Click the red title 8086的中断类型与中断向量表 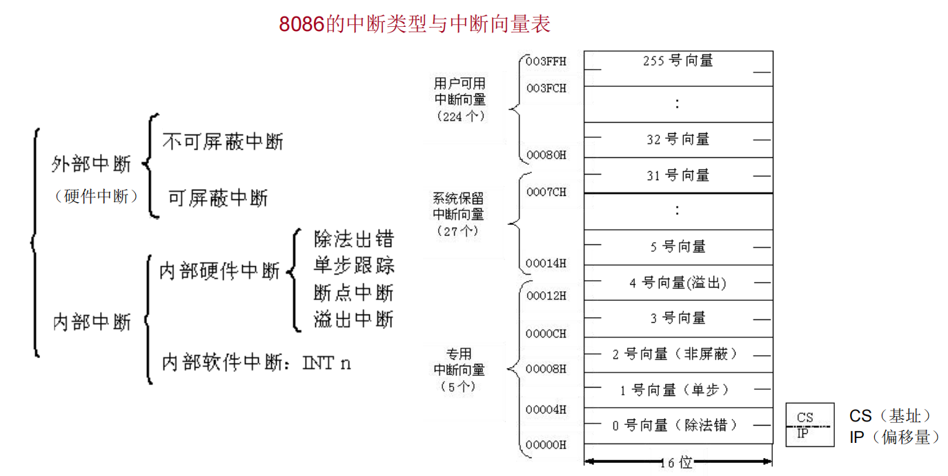[x=415, y=24]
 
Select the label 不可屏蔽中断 [x=223, y=142]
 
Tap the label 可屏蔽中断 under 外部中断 [x=218, y=198]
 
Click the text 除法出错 [x=353, y=239]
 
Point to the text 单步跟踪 [x=353, y=266]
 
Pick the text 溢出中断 [x=353, y=319]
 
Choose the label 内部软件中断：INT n [x=256, y=362]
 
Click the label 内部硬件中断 [x=219, y=271]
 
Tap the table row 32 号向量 [x=678, y=140]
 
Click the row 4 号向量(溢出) [x=678, y=283]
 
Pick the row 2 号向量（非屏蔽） [x=678, y=355]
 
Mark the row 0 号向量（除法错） [x=678, y=426]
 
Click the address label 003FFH [x=546, y=61]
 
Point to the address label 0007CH [x=546, y=192]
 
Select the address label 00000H [x=546, y=445]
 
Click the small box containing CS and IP [x=809, y=425]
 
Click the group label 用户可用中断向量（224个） [x=460, y=100]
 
